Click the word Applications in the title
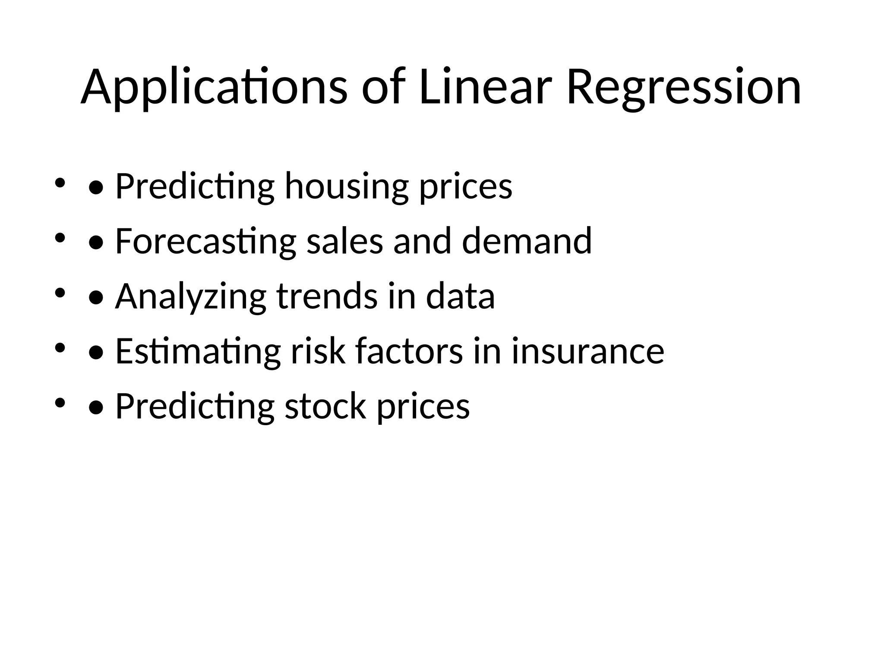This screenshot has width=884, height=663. [x=214, y=87]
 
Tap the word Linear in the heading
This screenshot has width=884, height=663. [x=485, y=87]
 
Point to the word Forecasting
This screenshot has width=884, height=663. [x=205, y=241]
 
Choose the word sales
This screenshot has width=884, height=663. [x=344, y=241]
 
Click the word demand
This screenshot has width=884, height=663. [x=527, y=241]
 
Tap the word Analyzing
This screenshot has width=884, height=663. [x=190, y=297]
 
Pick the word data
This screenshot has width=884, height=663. [x=460, y=297]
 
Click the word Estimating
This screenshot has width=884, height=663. [x=198, y=352]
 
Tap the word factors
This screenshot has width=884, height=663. [x=409, y=352]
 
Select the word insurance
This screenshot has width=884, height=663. [x=588, y=352]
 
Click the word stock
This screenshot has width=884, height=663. [x=325, y=407]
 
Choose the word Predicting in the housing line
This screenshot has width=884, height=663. [x=195, y=186]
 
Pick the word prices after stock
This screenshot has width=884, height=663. [x=423, y=407]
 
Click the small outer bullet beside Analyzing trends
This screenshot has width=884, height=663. [x=60, y=293]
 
